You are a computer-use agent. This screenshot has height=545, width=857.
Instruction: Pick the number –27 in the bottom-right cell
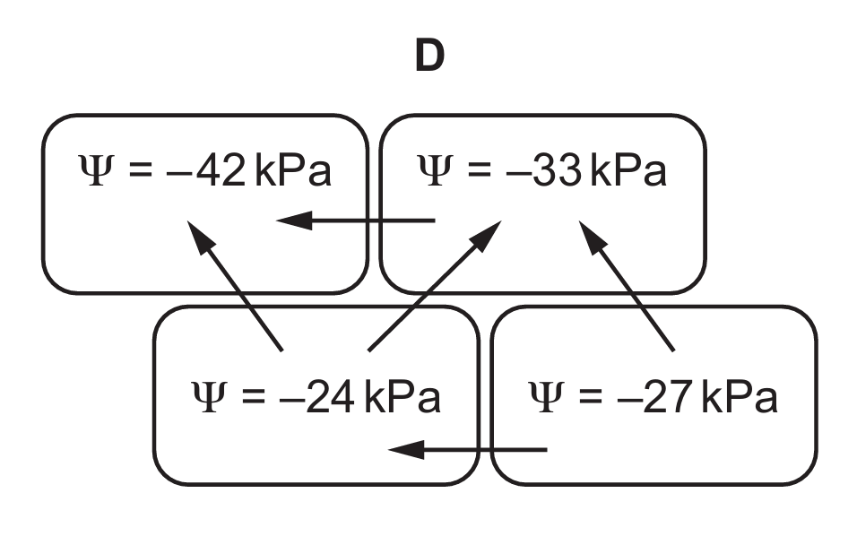pos(657,397)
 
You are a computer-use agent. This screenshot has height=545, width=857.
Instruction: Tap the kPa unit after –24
pos(403,397)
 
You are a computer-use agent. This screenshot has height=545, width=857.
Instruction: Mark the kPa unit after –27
pos(740,397)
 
